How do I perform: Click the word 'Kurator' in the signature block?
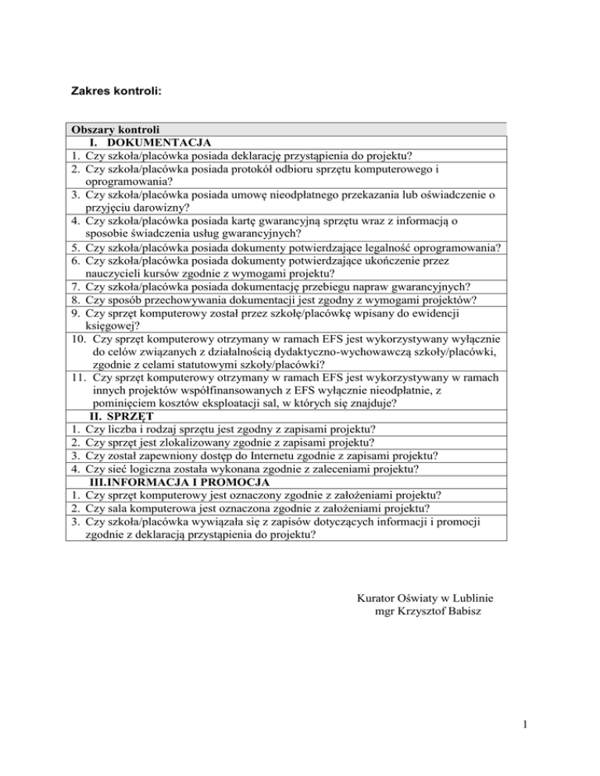coord(375,598)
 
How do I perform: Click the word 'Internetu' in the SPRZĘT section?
coord(265,456)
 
